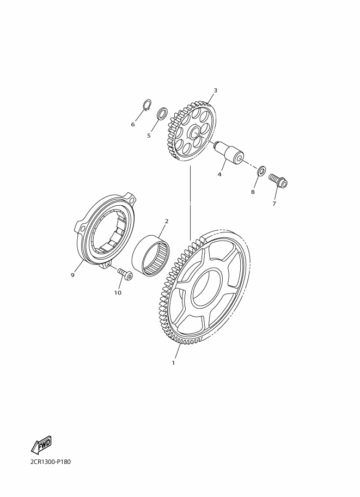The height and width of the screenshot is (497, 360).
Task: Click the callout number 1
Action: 173,363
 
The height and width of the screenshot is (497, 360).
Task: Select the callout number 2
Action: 166,221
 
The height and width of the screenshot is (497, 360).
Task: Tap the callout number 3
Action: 215,90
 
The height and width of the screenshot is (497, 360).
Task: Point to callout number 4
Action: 219,174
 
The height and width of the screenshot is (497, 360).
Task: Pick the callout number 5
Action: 149,136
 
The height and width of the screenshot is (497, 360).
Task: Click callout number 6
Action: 133,124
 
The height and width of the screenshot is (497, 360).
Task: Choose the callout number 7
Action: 274,204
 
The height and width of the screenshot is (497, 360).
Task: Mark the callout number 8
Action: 253,192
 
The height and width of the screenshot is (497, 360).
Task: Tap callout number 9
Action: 72,275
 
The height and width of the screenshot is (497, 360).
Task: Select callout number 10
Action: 118,293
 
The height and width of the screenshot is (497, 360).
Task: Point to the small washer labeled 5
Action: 161,114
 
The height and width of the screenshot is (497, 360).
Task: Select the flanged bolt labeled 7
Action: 278,180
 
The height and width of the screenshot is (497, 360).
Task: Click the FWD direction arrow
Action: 41,445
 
